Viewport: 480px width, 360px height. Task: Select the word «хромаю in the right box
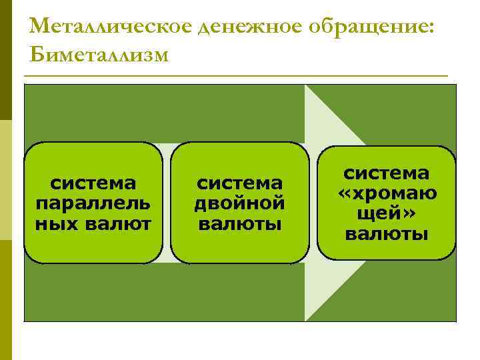pos(386,193)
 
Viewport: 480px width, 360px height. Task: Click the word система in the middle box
pos(240,182)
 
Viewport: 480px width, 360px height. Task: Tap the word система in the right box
pos(386,173)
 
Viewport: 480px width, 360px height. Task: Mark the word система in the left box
pos(93,182)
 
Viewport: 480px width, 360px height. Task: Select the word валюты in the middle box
pos(240,223)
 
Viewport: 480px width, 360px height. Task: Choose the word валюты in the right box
pos(386,234)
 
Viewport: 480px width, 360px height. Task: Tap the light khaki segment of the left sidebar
pos(5,180)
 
